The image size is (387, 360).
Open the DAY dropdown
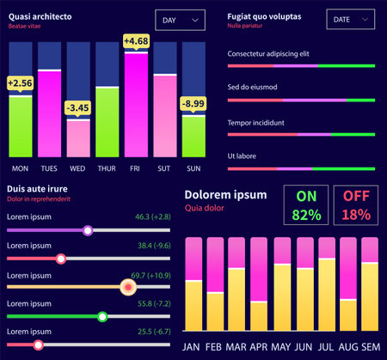coord(180,20)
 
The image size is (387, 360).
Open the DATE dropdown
coord(350,20)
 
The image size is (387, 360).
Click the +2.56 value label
coord(20,82)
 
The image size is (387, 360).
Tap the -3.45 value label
coord(77,107)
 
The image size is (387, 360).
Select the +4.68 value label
coord(136,41)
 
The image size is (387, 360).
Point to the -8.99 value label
coord(193,104)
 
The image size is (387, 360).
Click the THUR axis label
coord(107,168)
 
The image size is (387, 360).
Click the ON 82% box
coord(305,205)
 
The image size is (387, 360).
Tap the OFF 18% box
coord(355,205)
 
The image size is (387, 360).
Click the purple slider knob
coord(88,230)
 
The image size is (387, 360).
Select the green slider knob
coord(102,317)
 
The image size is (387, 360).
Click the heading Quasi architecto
coord(40,16)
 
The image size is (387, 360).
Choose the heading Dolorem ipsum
coord(225,193)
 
